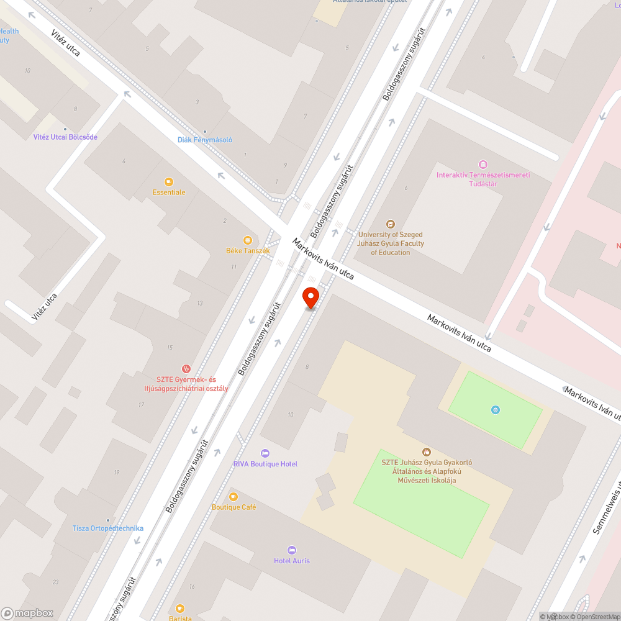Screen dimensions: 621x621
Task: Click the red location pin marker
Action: pos(310,297)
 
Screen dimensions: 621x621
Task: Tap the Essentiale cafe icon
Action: pos(168,182)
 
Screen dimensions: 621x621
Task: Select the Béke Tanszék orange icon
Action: pos(248,240)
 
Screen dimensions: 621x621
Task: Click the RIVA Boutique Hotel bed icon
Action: pos(265,453)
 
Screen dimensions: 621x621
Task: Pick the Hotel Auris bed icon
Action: pos(292,550)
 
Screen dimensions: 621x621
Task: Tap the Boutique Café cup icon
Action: pos(233,496)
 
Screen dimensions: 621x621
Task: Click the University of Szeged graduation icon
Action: pos(390,224)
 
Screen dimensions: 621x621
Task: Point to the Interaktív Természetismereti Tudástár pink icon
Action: pos(483,165)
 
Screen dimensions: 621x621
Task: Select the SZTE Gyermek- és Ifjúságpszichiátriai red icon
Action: pos(186,369)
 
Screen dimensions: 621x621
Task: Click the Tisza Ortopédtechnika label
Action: pos(108,528)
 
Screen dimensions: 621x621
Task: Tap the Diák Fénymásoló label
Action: pos(205,140)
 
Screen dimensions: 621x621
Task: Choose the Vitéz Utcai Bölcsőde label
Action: pos(65,137)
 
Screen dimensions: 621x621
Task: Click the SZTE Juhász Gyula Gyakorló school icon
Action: pos(426,451)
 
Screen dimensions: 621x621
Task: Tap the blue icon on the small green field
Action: pos(495,409)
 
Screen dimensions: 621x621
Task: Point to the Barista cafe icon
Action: pos(180,608)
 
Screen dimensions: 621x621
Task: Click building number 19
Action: pos(116,473)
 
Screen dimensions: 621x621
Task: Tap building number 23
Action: pos(55,582)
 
